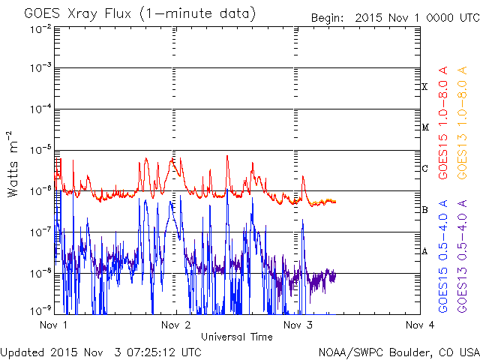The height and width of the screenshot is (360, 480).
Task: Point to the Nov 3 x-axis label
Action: (298, 325)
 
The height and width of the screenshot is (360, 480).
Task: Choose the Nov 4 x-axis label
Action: (419, 325)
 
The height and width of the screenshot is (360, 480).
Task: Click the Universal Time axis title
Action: (236, 337)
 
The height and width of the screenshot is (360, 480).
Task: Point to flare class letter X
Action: (424, 87)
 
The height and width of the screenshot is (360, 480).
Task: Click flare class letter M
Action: (424, 127)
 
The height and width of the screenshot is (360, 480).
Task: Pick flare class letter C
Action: (424, 169)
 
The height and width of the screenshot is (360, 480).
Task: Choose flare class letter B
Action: (424, 210)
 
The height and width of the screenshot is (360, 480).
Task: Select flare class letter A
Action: (424, 251)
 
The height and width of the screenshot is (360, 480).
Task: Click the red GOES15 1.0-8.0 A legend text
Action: (444, 128)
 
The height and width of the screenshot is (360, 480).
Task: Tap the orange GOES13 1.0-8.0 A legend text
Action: (463, 128)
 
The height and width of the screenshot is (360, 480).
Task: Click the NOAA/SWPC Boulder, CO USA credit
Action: (398, 352)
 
